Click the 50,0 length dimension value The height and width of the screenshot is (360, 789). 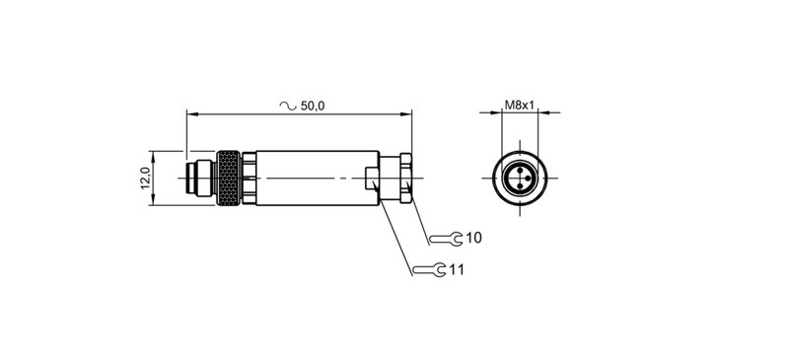point(313,105)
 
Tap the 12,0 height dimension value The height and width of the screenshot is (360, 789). point(144,180)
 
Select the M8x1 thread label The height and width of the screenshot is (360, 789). point(520,104)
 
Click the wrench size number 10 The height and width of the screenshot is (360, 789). point(473,238)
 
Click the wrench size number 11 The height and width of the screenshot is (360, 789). point(457,268)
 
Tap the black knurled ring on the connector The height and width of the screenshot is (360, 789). point(229,180)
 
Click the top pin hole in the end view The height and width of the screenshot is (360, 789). point(520,171)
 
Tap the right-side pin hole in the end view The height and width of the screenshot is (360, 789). point(528,180)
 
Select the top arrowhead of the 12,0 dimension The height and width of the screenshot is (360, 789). point(153,156)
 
